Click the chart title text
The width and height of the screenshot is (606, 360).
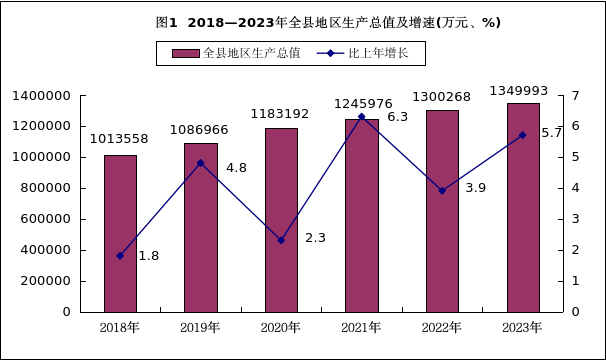click(x=328, y=23)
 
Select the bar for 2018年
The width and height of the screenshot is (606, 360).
click(x=120, y=234)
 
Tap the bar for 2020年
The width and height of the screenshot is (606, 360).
click(x=281, y=220)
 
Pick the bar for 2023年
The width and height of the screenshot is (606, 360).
click(x=523, y=208)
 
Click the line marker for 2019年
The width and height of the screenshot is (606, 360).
click(x=200, y=163)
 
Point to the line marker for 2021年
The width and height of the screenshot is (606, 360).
click(x=362, y=116)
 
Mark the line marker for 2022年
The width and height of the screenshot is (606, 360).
click(x=443, y=191)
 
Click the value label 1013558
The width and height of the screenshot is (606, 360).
click(x=119, y=139)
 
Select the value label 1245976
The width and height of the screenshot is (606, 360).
click(x=363, y=104)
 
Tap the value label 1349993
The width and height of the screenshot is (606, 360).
click(x=519, y=91)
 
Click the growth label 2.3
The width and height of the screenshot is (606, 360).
click(x=315, y=238)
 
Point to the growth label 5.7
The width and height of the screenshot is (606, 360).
click(x=552, y=133)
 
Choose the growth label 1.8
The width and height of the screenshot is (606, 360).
click(x=149, y=256)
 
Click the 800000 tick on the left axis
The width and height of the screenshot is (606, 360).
click(x=46, y=188)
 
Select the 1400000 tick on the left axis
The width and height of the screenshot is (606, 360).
click(x=41, y=96)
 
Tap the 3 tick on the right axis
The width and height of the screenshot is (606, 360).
click(x=576, y=219)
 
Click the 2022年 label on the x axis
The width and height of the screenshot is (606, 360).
click(x=442, y=328)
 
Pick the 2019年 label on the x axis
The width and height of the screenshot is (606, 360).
click(x=200, y=328)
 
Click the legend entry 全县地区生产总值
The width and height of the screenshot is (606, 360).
click(x=236, y=53)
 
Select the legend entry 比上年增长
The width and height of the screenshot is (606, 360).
click(x=363, y=53)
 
